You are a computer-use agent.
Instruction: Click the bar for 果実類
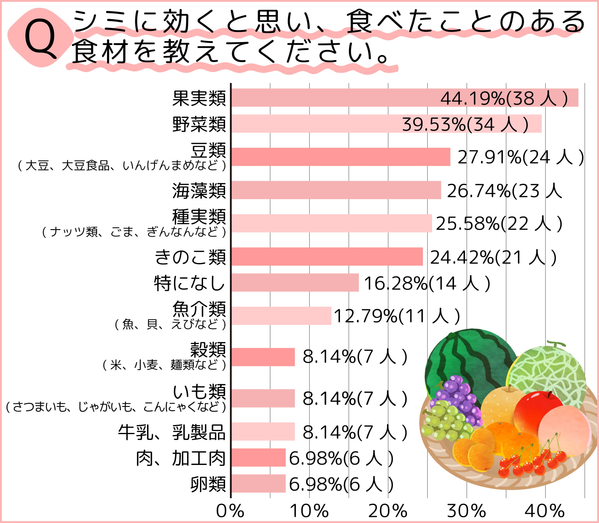[x=333, y=98]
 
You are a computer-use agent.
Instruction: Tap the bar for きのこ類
[x=327, y=256]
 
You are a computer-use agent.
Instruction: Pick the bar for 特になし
[x=295, y=282]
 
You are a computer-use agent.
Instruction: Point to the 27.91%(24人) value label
[x=520, y=157]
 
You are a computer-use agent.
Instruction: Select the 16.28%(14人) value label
[x=427, y=284]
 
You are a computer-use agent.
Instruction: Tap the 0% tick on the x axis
[x=230, y=511]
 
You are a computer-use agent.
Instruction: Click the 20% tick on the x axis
[x=388, y=511]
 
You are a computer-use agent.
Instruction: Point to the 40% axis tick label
[x=545, y=511]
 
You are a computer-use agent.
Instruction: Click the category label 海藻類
[x=199, y=191]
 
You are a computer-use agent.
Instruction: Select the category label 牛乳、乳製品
[x=172, y=432]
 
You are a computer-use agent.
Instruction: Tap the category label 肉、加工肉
[x=181, y=458]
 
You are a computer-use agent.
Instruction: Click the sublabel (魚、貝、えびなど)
[x=170, y=324]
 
